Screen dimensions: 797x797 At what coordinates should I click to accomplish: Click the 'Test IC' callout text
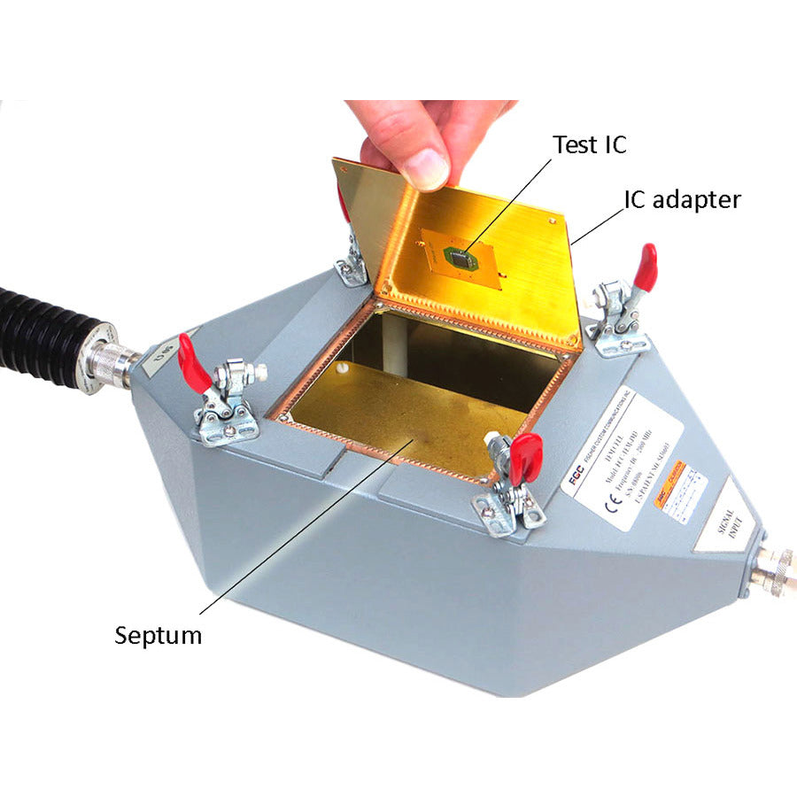coord(589,143)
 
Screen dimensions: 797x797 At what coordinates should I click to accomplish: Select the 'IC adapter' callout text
coord(682,199)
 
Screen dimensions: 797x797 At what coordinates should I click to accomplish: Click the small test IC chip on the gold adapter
coord(460,258)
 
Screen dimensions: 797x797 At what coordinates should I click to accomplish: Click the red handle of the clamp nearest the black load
coord(193,362)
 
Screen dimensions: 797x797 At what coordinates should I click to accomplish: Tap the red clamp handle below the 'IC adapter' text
coord(646,267)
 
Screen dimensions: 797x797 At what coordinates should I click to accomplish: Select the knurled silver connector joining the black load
coord(111,359)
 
